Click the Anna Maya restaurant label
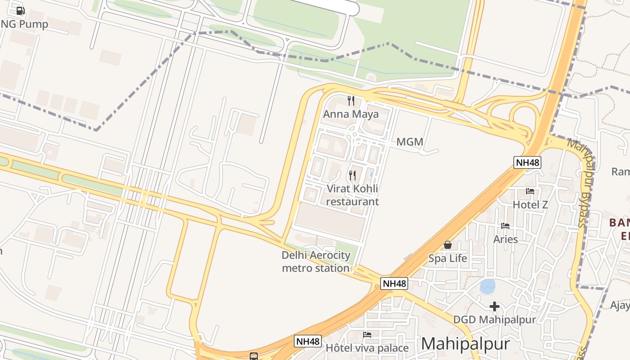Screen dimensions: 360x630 351,114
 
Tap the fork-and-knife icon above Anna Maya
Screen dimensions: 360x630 351,101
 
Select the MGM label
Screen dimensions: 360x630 410,142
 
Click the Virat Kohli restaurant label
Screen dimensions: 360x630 352,195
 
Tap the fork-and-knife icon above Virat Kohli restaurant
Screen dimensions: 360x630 352,175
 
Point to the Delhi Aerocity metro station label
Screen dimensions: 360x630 316,261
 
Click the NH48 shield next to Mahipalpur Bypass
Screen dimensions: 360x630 527,162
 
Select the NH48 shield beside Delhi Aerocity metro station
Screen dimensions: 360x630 394,283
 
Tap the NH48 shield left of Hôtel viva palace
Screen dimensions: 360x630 308,341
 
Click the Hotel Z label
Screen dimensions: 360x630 531,205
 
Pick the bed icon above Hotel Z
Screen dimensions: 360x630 530,191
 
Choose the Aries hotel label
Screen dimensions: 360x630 506,239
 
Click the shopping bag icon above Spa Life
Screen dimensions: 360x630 448,245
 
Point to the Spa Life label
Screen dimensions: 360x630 448,258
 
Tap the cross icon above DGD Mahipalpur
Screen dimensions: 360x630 495,307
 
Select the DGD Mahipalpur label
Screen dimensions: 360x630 495,320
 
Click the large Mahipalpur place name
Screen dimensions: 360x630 466,344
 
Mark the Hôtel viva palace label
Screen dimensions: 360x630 367,348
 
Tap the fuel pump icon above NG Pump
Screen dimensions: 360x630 20,11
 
